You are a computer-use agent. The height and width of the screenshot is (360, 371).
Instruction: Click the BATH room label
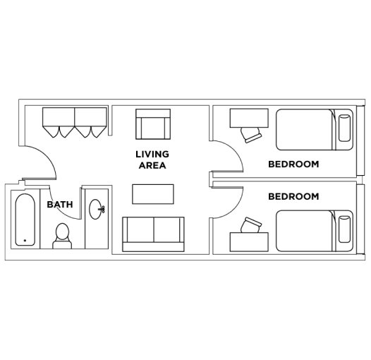tap(60, 205)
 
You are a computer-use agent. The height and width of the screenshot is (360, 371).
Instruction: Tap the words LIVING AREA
tap(152, 160)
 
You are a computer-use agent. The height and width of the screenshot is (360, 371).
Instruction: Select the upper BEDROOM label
tap(293, 164)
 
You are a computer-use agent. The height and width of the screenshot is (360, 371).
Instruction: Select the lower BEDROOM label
tap(293, 197)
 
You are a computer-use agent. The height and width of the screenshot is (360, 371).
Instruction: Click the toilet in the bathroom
tap(62, 236)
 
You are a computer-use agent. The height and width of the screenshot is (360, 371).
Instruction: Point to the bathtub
tap(25, 220)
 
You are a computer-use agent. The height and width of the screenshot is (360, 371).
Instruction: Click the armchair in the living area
tap(153, 126)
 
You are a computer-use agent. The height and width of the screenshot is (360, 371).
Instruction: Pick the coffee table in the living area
tap(153, 194)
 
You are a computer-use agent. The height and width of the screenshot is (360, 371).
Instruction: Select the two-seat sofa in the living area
tap(153, 234)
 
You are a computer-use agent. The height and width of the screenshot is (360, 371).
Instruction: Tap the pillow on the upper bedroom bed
tap(345, 128)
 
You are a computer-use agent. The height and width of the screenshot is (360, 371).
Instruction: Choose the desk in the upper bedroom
tap(249, 117)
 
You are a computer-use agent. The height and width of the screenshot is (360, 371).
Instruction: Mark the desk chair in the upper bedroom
tap(250, 133)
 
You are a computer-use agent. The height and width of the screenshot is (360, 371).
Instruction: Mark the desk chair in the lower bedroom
tap(250, 226)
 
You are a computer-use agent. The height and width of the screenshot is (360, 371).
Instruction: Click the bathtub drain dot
tap(25, 241)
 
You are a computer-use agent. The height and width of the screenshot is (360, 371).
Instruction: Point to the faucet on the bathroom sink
tap(103, 210)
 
